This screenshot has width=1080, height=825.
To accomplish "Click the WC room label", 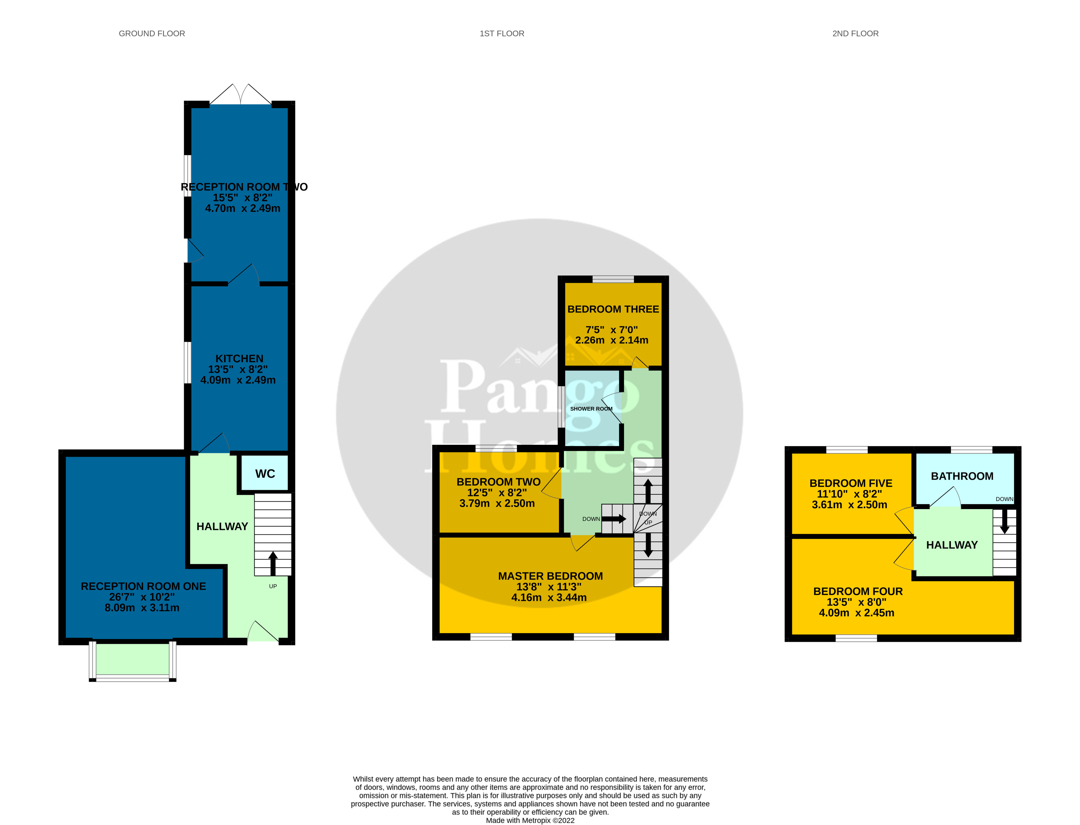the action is click(265, 474).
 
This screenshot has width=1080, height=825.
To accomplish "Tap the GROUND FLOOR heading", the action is click(152, 34).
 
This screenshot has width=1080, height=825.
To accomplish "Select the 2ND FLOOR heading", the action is click(855, 34).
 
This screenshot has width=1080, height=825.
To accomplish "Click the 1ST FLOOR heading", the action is click(502, 34).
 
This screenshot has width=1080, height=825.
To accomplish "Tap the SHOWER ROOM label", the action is click(591, 408).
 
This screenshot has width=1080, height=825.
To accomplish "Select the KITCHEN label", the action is click(239, 359).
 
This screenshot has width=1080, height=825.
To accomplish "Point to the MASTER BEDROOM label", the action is click(550, 576).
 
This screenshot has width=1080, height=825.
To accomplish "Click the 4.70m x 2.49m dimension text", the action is click(243, 208).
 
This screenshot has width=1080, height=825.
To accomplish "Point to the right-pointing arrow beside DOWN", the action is click(614, 518).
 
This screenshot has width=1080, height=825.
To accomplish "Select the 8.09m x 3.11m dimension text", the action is click(142, 608).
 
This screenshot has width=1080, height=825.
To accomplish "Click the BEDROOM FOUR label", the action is click(858, 591).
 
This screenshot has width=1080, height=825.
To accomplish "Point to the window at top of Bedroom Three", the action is click(613, 279).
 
